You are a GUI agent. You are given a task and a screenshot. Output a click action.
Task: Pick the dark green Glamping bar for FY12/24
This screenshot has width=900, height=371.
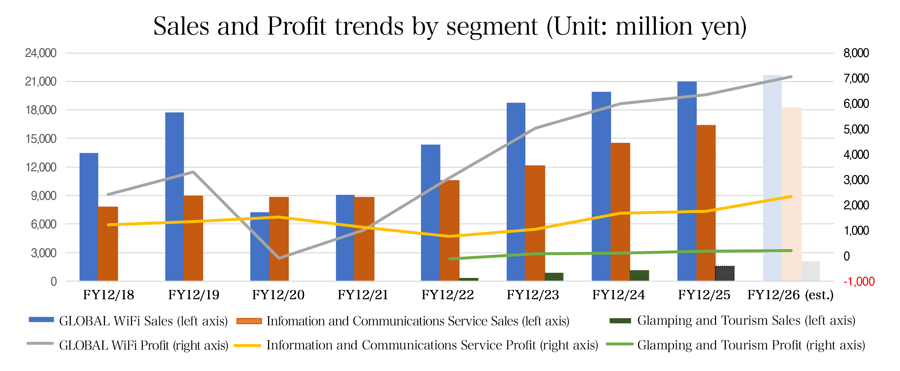[x=639, y=275]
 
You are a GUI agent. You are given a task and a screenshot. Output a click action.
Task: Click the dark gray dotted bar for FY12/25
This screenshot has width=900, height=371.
[x=725, y=273]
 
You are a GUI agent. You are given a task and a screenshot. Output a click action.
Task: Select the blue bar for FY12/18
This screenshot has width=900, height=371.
[x=89, y=217]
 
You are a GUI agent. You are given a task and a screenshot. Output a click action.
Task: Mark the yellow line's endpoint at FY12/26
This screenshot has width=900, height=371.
[x=791, y=197]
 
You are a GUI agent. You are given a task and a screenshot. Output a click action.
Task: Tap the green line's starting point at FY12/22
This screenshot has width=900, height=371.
[x=450, y=259]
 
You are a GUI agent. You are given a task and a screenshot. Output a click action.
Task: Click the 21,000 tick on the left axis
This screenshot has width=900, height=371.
[x=41, y=81]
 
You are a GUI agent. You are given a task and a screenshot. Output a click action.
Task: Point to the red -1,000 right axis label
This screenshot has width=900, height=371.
[x=859, y=281]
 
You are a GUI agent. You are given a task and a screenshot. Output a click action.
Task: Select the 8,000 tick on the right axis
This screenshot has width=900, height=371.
[x=856, y=53]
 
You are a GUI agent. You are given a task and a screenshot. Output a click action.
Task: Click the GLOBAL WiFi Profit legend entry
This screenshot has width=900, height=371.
[x=143, y=345]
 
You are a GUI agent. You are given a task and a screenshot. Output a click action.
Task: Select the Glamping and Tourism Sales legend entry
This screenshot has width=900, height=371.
[x=746, y=320]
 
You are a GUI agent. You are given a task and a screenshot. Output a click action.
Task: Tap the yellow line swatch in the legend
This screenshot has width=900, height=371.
[x=247, y=345]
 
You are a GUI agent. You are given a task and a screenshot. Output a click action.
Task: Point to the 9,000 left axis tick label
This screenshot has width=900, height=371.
[x=43, y=196]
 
